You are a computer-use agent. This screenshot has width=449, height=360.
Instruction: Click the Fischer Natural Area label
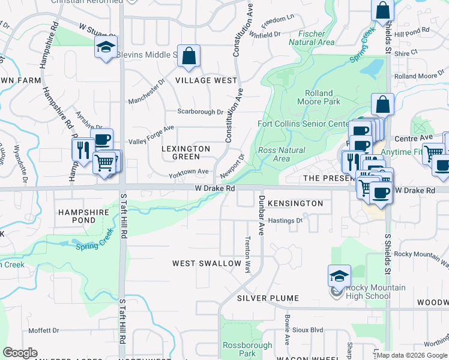pyautogui.click(x=312, y=38)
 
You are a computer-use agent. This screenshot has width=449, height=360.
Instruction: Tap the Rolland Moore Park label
pyautogui.click(x=323, y=98)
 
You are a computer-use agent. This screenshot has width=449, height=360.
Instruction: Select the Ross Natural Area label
pyautogui.click(x=281, y=155)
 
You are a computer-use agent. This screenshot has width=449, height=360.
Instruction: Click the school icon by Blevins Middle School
pyautogui.click(x=106, y=48)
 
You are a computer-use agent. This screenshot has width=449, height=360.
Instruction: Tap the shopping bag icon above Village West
pyautogui.click(x=188, y=57)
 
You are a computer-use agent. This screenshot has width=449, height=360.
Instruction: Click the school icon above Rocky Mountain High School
pyautogui.click(x=339, y=276)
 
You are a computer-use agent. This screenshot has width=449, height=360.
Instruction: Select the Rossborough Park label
pyautogui.click(x=240, y=349)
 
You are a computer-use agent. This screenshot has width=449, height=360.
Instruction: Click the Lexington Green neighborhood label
pyautogui.click(x=187, y=152)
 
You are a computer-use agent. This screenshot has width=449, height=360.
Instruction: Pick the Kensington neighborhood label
pyautogui.click(x=295, y=203)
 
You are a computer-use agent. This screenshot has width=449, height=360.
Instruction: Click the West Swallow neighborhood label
pyautogui.click(x=206, y=263)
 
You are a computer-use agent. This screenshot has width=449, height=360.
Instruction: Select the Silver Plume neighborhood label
pyautogui.click(x=268, y=298)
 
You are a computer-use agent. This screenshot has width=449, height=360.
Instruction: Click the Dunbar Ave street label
pyautogui.click(x=262, y=215)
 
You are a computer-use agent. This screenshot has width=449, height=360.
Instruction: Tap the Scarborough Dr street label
pyautogui.click(x=200, y=112)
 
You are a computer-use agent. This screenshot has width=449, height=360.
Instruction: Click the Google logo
pyautogui.click(x=20, y=353)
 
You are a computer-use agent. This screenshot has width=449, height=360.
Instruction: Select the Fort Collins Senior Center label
pyautogui.click(x=303, y=124)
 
